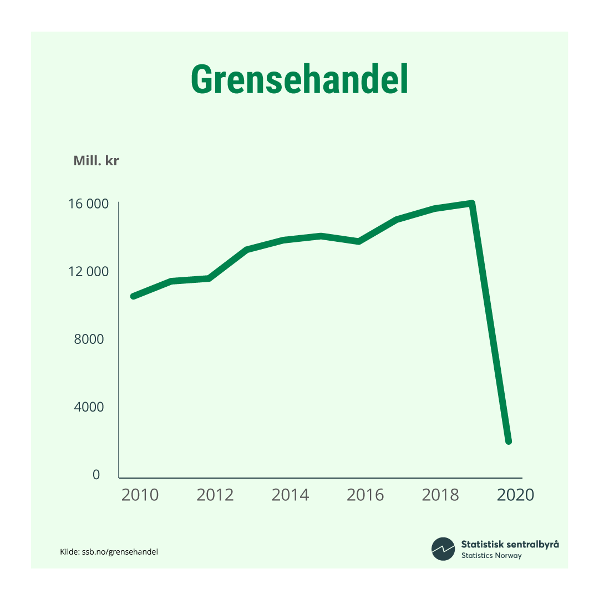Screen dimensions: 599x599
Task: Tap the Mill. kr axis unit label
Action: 96,161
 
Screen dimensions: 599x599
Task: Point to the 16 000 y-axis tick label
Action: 88,204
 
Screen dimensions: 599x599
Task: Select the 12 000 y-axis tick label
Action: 88,272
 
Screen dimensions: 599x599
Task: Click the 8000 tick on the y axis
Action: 89,339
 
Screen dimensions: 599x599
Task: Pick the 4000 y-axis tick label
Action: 89,407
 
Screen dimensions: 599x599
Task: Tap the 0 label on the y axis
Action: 96,475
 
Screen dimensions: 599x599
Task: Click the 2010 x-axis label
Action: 140,495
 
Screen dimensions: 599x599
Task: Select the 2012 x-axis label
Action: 215,495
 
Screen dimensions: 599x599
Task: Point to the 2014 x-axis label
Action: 290,495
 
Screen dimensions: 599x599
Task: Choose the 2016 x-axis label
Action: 365,495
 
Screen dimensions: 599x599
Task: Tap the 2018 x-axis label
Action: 440,495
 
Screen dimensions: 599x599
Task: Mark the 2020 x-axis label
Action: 515,495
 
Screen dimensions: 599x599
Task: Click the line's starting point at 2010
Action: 134,296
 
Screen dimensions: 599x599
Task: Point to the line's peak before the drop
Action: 471,203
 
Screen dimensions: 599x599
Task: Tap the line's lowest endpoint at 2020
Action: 508,441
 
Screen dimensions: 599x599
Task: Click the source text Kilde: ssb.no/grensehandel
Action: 109,552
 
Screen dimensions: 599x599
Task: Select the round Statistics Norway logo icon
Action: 443,549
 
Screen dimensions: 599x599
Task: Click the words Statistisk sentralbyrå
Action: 510,544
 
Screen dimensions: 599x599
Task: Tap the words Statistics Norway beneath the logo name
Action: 491,556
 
